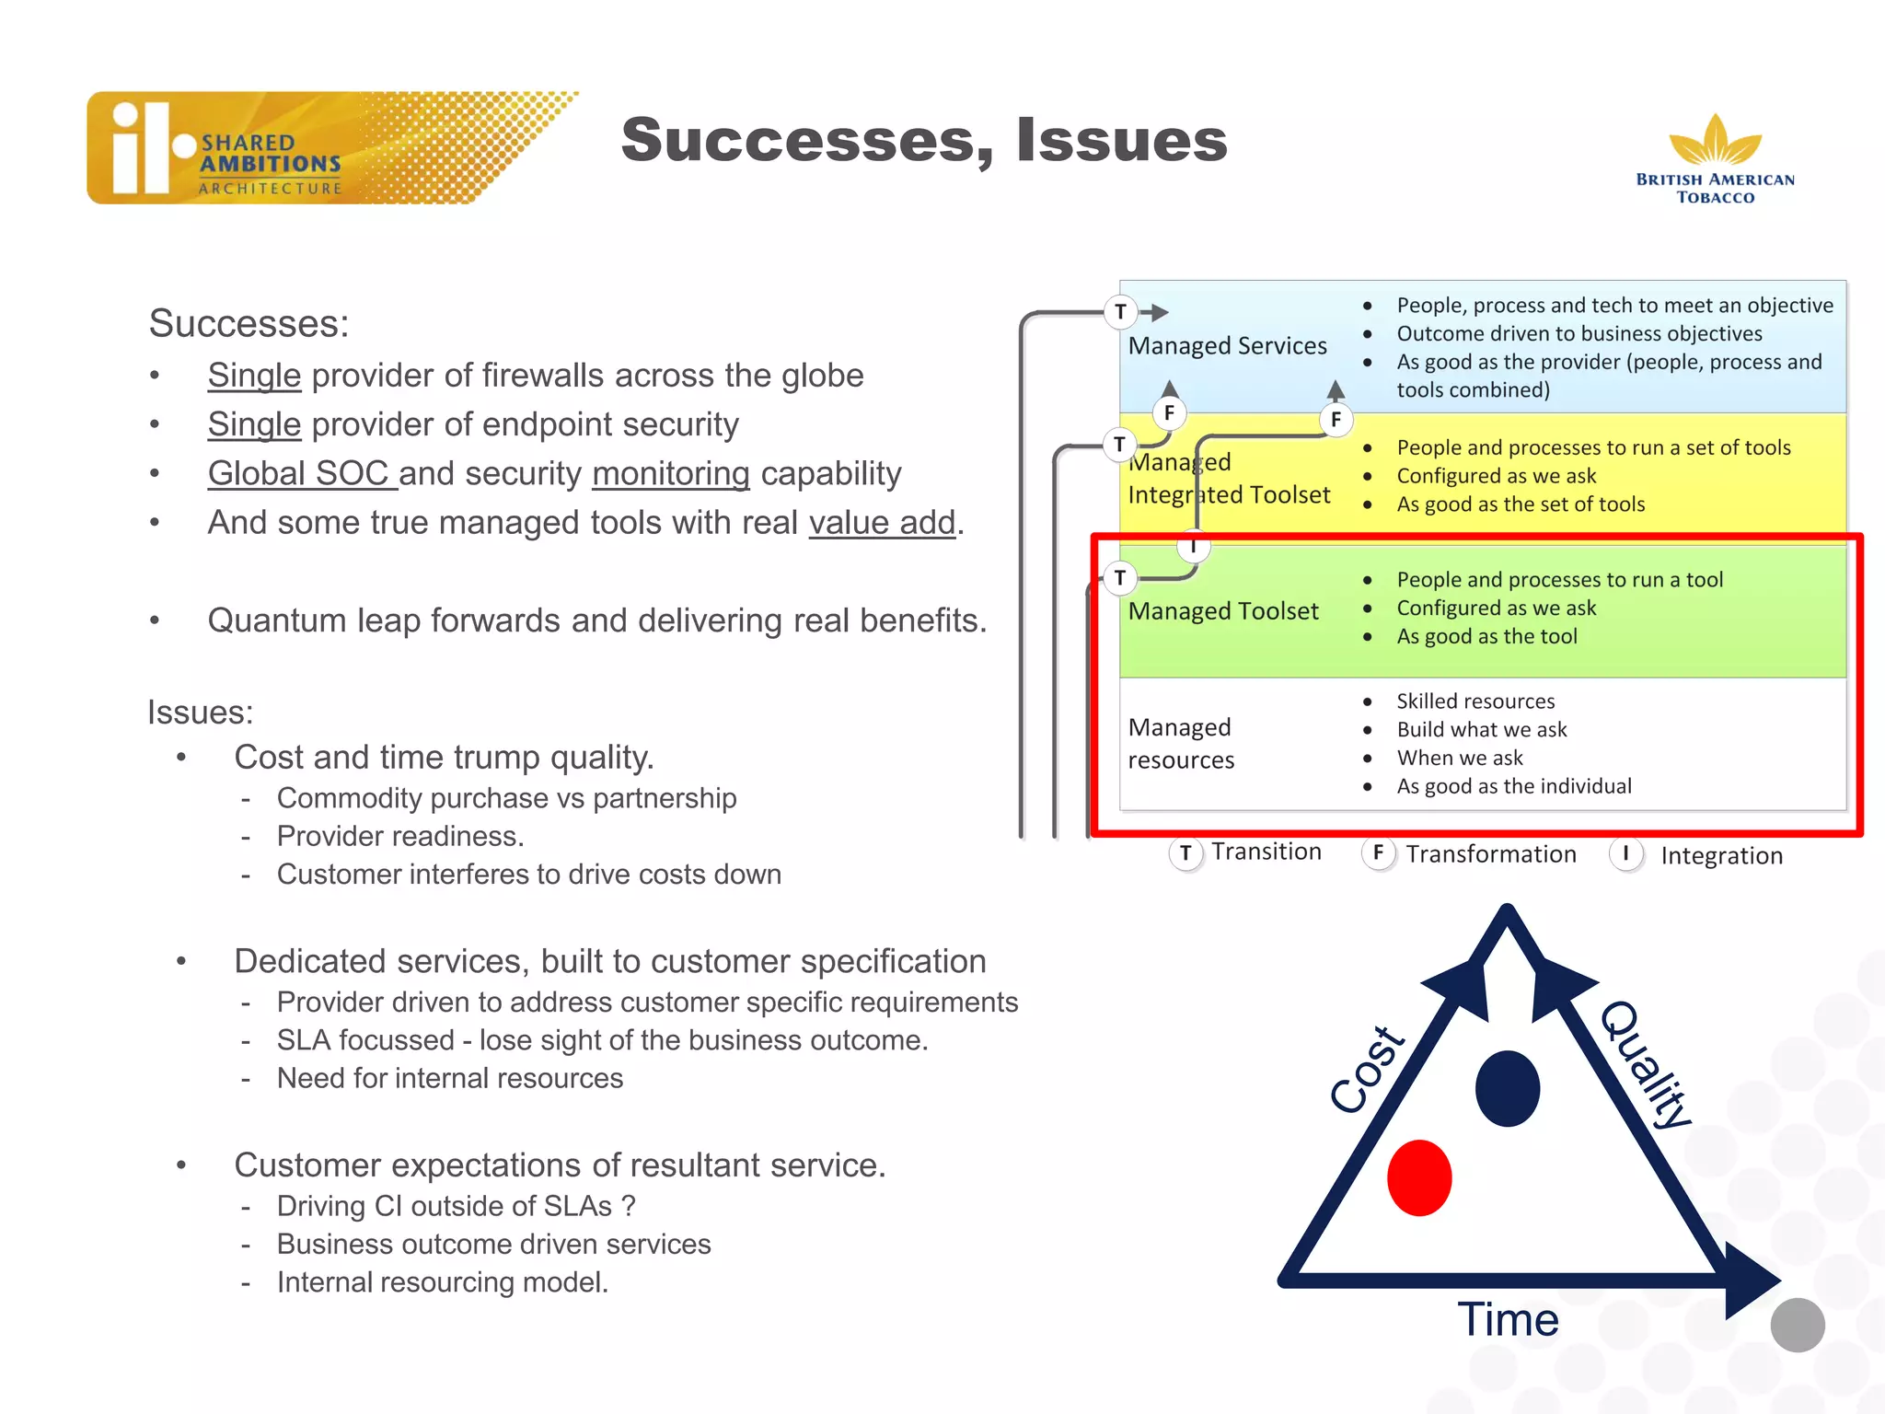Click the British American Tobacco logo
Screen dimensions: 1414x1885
click(x=1715, y=158)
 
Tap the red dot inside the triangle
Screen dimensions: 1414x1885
click(x=1418, y=1177)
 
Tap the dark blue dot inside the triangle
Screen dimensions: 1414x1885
click(x=1507, y=1088)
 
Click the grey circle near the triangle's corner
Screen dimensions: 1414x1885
click(x=1797, y=1325)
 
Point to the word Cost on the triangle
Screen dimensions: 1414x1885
click(x=1368, y=1070)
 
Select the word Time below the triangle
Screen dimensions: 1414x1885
click(x=1508, y=1319)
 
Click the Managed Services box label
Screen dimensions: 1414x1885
click(x=1227, y=346)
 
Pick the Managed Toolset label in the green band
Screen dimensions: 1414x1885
click(x=1223, y=611)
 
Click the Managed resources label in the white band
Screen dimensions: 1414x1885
click(x=1181, y=744)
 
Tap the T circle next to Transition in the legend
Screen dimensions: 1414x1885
click(x=1185, y=853)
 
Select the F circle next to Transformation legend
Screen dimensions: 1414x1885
click(x=1377, y=853)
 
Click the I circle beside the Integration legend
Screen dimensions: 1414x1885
click(x=1625, y=853)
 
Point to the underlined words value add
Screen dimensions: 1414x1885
click(x=882, y=523)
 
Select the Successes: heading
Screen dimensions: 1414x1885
click(x=249, y=324)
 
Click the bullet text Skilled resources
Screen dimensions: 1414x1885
click(x=1474, y=701)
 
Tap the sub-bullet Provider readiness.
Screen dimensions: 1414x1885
click(x=400, y=836)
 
